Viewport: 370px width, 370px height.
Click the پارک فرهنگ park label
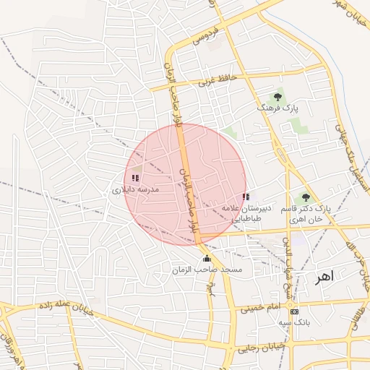277,108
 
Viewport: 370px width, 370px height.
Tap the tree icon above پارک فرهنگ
277,96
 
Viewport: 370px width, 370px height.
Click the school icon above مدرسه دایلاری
135,177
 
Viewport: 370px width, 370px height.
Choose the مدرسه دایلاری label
135,190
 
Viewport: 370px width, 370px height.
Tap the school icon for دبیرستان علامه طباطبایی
246,197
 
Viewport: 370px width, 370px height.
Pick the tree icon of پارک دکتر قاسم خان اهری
306,197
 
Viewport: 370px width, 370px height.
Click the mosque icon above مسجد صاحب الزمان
207,259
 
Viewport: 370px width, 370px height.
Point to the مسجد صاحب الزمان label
207,270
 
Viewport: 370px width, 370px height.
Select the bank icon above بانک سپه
294,311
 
